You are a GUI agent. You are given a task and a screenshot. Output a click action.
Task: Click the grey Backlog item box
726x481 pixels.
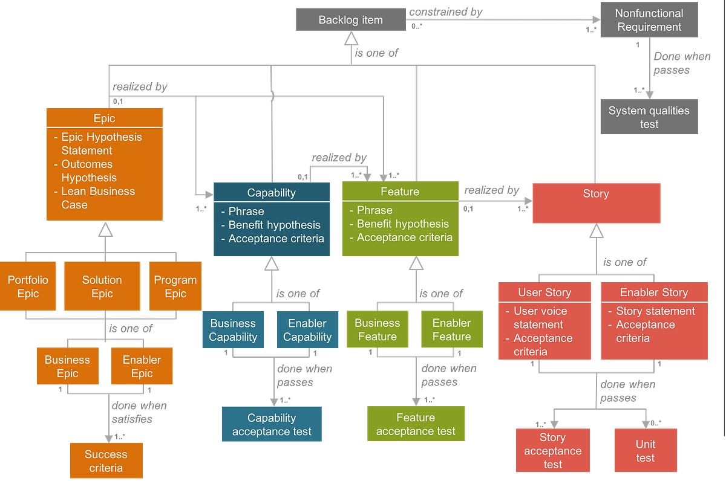tap(350, 20)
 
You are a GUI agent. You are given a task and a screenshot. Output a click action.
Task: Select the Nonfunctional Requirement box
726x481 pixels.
tap(649, 21)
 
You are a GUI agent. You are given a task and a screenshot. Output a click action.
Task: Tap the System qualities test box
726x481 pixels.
tap(649, 117)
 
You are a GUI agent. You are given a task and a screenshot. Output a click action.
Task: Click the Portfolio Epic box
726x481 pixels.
tap(28, 286)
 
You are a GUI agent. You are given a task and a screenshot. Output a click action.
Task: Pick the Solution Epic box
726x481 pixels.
tap(102, 286)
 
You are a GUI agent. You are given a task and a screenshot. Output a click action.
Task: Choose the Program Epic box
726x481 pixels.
tap(175, 286)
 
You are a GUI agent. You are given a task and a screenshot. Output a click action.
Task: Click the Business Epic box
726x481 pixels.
tap(67, 366)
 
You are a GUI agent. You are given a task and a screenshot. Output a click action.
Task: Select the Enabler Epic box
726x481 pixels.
tap(142, 366)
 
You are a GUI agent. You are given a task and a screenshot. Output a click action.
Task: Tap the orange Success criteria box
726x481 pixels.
tap(106, 460)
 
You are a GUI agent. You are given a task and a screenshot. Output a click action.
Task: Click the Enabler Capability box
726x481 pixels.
tap(307, 330)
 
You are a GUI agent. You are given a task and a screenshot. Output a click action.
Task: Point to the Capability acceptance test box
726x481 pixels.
tap(272, 424)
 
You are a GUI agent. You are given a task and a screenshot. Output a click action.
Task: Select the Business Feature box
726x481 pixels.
tap(377, 330)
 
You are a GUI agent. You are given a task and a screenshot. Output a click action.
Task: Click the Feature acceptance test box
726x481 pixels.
tap(416, 424)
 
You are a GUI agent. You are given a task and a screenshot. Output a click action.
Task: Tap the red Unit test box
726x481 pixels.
tap(645, 450)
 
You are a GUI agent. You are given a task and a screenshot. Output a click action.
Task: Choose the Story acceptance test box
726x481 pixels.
tap(552, 450)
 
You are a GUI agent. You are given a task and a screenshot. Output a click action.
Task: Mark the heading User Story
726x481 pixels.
tap(544, 292)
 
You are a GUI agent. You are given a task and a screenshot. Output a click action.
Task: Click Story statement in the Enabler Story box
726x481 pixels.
tap(655, 311)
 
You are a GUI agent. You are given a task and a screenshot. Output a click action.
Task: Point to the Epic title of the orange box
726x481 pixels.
tap(104, 118)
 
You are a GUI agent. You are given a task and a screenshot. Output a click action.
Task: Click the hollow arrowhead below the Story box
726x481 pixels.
tap(597, 231)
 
